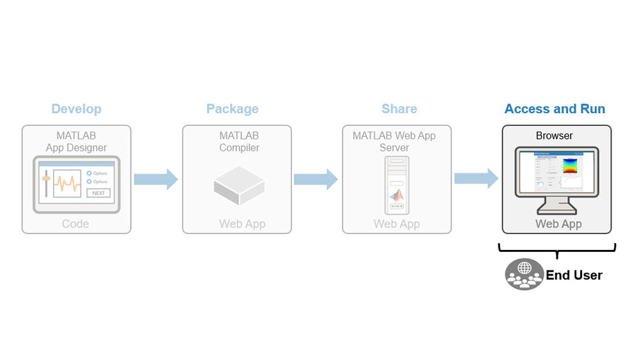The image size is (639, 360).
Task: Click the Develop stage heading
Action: (x=76, y=109)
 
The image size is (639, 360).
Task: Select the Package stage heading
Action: (x=232, y=109)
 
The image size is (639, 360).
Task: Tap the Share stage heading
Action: (x=399, y=109)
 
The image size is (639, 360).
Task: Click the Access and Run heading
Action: (x=555, y=109)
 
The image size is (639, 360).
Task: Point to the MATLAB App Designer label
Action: (x=76, y=142)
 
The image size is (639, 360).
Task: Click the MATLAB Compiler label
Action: (x=239, y=142)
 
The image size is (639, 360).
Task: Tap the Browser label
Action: (x=554, y=136)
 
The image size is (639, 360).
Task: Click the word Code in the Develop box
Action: (x=75, y=224)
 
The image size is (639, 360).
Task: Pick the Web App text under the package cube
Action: (x=242, y=224)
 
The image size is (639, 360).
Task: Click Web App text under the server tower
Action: (x=397, y=224)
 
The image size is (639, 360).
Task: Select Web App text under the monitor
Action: (x=558, y=224)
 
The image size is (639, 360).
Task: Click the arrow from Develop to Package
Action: (x=155, y=180)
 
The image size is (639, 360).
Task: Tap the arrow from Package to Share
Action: (x=316, y=180)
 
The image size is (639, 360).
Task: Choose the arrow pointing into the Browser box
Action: (x=476, y=179)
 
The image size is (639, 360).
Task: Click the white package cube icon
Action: (x=238, y=185)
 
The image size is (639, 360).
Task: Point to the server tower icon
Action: (x=397, y=185)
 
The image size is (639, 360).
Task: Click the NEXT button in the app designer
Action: (x=98, y=193)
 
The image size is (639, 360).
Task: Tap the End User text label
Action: (x=574, y=276)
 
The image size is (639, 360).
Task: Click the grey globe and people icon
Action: (x=525, y=274)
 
